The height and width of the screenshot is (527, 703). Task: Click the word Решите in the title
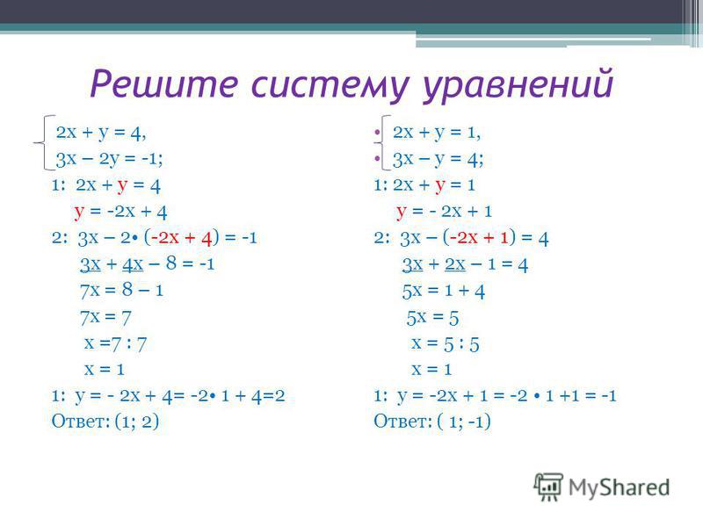pos(163,83)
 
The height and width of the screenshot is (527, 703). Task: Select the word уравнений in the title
pos(518,86)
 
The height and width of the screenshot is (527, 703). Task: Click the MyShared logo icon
pos(547,487)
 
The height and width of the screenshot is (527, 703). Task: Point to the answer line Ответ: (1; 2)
pos(105,422)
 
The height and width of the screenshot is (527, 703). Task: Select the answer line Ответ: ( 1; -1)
pos(432,422)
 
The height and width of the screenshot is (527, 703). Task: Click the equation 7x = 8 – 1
pos(121,290)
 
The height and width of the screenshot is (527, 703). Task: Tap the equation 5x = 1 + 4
pos(444,291)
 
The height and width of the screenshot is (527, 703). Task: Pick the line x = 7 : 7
pos(116,343)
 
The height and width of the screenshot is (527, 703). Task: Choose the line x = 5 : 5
pos(446,343)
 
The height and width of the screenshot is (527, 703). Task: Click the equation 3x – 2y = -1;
pos(109,159)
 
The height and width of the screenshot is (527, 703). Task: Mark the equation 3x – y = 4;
pos(438,160)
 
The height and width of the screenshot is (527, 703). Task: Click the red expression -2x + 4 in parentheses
pos(181,237)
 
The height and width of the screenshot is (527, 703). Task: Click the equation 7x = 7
pos(105,317)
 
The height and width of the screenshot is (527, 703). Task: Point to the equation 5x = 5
pos(432,318)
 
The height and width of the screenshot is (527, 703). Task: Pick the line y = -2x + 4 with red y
pos(120,212)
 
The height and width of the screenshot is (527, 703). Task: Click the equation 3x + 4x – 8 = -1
pos(147,264)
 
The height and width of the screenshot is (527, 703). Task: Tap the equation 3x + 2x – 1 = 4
pos(465,264)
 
